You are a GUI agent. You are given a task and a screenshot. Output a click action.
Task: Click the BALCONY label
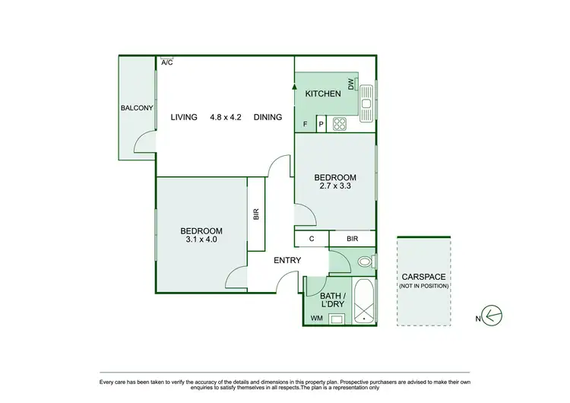[x=137, y=108]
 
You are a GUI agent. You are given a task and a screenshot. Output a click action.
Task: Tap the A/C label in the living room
[x=166, y=62]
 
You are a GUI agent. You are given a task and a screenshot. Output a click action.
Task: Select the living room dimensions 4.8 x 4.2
[x=226, y=117]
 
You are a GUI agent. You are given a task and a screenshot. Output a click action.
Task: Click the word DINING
[x=268, y=117]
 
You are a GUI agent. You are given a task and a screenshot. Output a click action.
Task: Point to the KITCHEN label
[x=322, y=94]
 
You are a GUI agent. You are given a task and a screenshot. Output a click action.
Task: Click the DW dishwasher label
[x=350, y=84]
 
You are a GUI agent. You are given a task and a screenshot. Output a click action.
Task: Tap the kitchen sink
[x=366, y=99]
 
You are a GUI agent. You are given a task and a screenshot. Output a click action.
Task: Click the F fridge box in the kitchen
[x=306, y=124]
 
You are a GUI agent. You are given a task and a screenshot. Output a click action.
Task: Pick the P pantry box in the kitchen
[x=321, y=124]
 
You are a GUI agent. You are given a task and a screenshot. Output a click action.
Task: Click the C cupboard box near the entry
[x=312, y=239]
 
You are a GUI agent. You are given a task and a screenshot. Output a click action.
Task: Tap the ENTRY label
[x=287, y=261]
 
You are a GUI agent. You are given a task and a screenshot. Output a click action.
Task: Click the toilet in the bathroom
[x=365, y=262]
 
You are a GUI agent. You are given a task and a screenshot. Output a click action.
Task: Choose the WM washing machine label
[x=317, y=319]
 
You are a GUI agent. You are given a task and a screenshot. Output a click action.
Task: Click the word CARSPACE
[x=424, y=277]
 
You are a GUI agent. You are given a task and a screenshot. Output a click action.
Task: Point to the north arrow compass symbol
[x=495, y=314]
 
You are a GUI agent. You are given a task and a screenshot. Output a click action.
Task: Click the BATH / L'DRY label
[x=333, y=300]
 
